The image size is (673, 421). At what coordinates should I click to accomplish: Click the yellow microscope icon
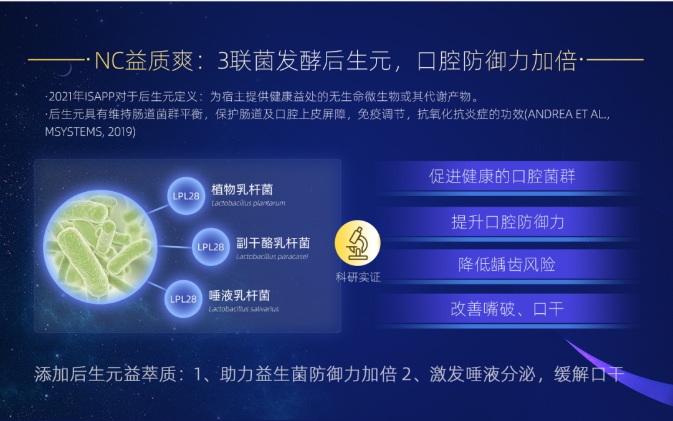click(357, 244)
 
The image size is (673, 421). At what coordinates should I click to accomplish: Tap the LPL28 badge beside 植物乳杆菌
click(186, 196)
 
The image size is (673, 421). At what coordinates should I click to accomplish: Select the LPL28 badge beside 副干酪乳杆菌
click(211, 247)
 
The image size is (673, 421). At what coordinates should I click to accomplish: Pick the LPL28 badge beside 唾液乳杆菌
click(183, 299)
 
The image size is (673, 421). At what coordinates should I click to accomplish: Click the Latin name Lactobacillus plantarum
click(248, 203)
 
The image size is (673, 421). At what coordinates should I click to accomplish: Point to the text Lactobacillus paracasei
click(272, 257)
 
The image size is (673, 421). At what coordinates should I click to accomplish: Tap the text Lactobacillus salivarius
click(244, 308)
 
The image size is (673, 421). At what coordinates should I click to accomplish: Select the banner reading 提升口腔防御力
click(507, 222)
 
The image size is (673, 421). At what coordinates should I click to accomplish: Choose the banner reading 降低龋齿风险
click(507, 264)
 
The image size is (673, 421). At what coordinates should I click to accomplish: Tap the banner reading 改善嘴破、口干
click(507, 309)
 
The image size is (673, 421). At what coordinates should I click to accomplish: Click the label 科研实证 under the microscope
click(358, 277)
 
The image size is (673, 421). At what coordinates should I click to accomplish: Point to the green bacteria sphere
click(100, 247)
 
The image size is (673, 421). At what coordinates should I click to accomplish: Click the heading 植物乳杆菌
click(242, 189)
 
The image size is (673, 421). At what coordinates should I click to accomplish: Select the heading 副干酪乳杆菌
click(273, 243)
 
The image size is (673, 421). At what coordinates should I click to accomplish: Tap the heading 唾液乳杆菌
click(239, 295)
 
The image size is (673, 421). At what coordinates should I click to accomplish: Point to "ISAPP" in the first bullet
click(99, 97)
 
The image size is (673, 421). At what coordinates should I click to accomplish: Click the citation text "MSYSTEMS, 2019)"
click(90, 131)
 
